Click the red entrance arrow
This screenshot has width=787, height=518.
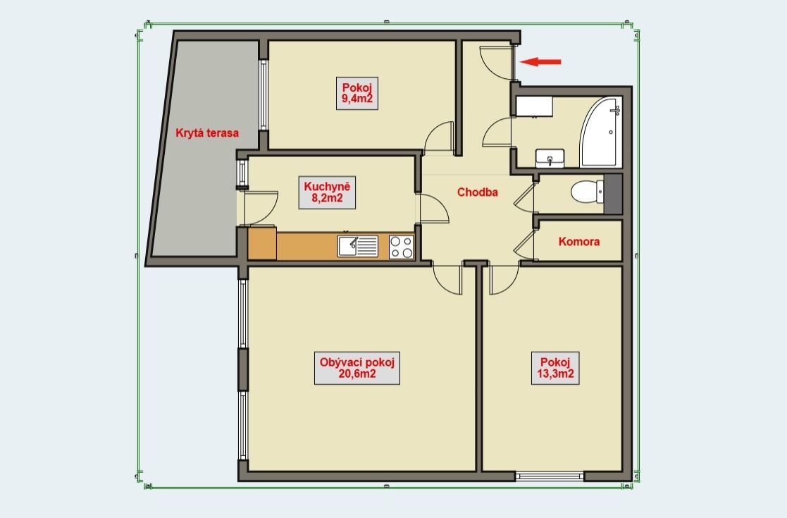tap(540, 62)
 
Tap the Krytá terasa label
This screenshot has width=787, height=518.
tap(207, 133)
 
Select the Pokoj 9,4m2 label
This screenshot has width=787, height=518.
tap(357, 93)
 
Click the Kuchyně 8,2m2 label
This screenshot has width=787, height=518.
tap(327, 192)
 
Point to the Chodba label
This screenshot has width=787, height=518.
tap(477, 192)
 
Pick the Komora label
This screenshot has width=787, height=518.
tap(578, 242)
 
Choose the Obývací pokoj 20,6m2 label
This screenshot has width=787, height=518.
tap(357, 368)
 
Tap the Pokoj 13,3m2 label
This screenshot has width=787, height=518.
tap(555, 368)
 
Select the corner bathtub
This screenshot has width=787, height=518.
tap(601, 132)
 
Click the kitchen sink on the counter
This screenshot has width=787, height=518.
tap(358, 247)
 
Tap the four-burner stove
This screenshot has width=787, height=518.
tap(401, 247)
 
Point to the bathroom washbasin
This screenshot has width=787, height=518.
tap(550, 158)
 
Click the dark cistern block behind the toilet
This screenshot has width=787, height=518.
tap(613, 194)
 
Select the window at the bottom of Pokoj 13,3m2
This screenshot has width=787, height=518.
tap(550, 476)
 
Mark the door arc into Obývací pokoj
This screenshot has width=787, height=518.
tap(446, 280)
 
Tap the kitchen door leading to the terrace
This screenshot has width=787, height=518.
tap(260, 207)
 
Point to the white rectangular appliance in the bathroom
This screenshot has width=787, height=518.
tap(534, 106)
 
